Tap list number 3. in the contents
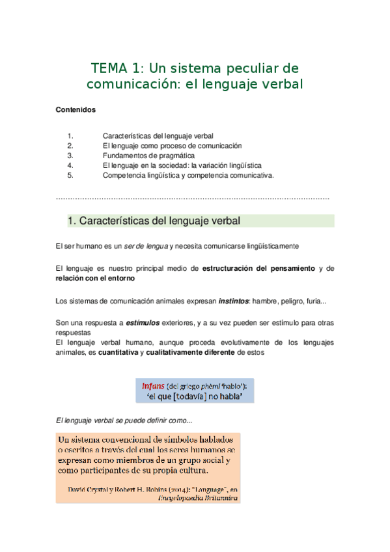click(71, 156)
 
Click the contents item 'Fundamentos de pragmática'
click(148, 156)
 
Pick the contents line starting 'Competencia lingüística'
click(188, 175)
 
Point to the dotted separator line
click(193, 198)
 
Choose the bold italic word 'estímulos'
click(145, 322)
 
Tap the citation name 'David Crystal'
click(89, 489)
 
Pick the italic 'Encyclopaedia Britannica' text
click(198, 498)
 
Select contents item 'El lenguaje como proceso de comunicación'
click(172, 146)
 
